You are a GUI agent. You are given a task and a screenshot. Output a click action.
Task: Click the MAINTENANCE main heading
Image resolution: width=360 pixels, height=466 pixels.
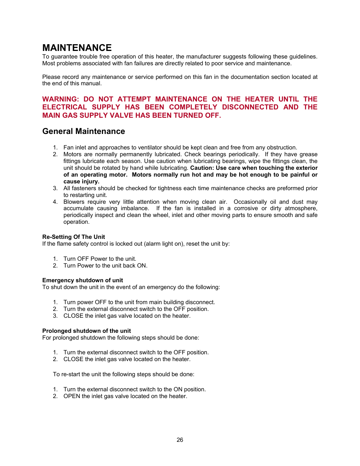[77, 48]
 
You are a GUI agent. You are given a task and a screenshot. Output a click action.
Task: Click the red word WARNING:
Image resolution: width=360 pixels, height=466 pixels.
[60, 99]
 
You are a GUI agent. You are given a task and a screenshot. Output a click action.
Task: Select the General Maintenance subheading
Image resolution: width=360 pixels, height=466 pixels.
[83, 131]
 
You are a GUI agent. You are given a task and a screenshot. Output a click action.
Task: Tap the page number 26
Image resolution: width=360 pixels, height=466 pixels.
[180, 440]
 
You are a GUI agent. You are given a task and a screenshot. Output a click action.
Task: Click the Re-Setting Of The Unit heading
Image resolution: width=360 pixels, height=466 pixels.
[74, 237]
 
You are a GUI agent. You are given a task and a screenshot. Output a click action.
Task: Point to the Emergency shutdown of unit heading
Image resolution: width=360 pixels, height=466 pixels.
[83, 280]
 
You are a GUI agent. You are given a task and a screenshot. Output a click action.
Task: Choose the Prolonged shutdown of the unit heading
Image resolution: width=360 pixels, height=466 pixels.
[86, 331]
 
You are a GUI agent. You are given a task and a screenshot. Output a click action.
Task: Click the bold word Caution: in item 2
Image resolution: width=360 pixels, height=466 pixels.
[202, 168]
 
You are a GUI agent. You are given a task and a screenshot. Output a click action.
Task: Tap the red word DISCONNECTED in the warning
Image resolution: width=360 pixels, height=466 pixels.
[250, 107]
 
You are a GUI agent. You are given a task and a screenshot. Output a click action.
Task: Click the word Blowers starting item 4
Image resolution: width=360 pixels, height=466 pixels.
[74, 202]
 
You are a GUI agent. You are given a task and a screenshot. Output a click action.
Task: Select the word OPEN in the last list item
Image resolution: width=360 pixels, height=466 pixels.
[72, 396]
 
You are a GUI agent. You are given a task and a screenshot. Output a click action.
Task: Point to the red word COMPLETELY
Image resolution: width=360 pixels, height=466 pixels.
[193, 107]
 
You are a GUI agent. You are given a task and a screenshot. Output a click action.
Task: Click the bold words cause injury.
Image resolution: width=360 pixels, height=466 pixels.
[81, 181]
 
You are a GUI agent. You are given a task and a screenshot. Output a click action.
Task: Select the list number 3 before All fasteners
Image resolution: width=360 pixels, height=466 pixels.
[55, 188]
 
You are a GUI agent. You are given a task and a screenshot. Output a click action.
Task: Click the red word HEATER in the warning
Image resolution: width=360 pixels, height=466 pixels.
[259, 99]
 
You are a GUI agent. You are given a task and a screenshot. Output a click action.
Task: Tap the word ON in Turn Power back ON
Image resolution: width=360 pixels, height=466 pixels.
[142, 266]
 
